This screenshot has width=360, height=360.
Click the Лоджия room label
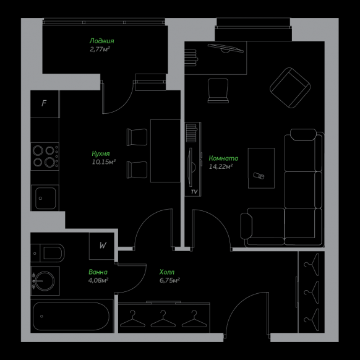coord(101,41)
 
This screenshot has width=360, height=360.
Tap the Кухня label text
coord(101,153)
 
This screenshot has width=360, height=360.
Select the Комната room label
coord(223,158)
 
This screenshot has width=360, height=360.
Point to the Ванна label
coord(98,272)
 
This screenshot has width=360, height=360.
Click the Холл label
coord(167,272)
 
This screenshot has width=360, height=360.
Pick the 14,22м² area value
coord(221,166)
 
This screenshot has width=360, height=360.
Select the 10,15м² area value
coord(103,162)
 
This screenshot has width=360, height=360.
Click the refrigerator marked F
coord(45,104)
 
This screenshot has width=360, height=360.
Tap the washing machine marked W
coord(101,246)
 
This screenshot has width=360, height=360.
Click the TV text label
coord(194,192)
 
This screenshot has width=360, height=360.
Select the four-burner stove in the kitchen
coord(45,156)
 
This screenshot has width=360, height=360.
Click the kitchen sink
coord(45,198)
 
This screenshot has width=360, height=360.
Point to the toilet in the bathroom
coord(48,253)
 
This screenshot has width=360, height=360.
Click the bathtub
coord(71,316)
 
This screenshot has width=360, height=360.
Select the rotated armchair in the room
coord(290,88)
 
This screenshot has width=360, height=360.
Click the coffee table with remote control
coord(261,168)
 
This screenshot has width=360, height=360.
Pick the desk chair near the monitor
coord(218,91)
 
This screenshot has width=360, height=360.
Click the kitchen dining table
coord(165,151)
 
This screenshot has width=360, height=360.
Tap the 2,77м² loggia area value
coord(100,49)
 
